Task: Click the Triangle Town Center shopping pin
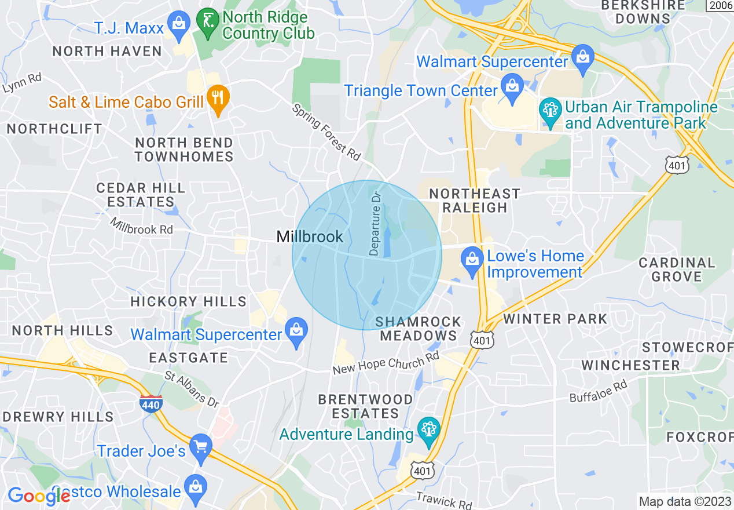[x=512, y=86]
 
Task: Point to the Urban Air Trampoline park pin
[x=550, y=111]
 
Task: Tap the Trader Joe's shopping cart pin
[x=201, y=447]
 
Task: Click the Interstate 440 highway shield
[x=151, y=403]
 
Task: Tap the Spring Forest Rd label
[x=326, y=132]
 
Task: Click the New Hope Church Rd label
[x=386, y=363]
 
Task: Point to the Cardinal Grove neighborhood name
[x=677, y=269]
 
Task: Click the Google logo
[x=39, y=496]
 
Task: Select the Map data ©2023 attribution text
[x=684, y=501]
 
